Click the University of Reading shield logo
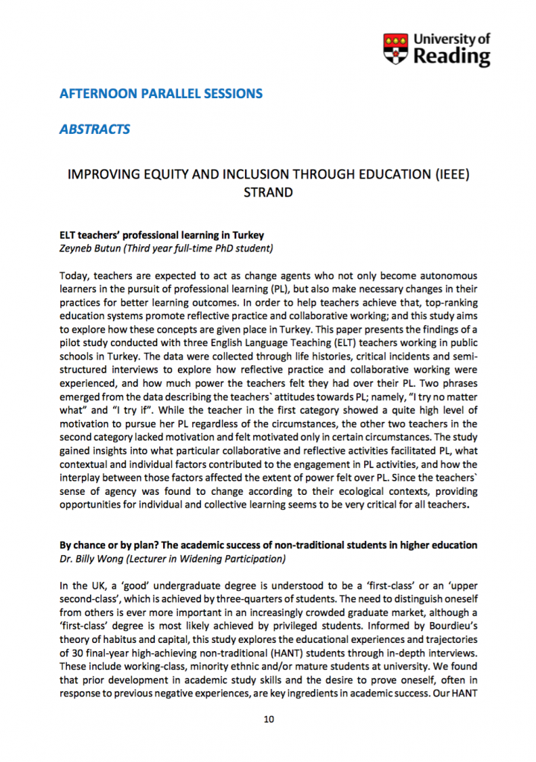(395, 48)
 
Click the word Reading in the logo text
(453, 57)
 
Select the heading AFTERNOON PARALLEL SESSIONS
(161, 95)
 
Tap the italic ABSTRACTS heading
(95, 129)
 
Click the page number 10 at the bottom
(269, 720)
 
